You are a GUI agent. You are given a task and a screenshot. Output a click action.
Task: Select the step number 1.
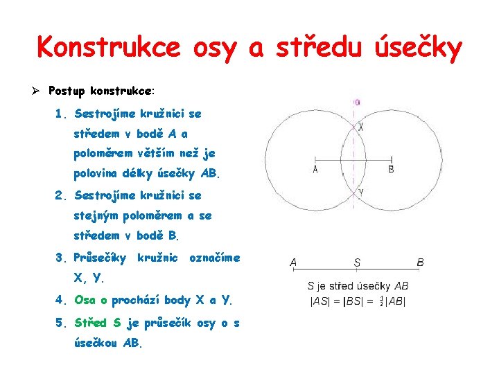63,112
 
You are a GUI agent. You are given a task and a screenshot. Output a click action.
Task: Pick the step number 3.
63,258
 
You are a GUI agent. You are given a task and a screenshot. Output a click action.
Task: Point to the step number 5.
63,322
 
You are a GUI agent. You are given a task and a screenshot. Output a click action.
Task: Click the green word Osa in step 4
85,300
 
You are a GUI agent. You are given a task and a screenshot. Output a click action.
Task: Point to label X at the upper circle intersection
361,127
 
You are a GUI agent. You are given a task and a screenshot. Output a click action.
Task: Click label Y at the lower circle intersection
361,192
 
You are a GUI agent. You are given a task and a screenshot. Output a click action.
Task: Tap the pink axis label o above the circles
357,103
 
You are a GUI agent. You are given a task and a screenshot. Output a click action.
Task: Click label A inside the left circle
315,170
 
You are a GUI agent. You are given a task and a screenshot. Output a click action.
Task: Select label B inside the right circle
392,168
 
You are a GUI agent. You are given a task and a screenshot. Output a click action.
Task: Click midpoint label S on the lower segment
357,263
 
